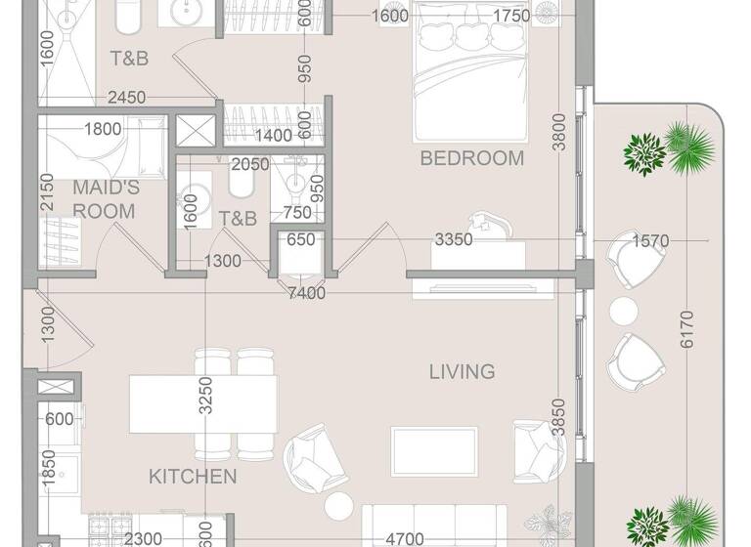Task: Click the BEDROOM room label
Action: tap(471, 158)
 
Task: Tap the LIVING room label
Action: tap(462, 371)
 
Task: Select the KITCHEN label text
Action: tap(193, 477)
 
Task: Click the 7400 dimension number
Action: tap(306, 293)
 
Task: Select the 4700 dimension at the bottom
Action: tap(404, 538)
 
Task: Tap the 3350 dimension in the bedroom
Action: tap(453, 239)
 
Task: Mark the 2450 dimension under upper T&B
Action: tap(126, 97)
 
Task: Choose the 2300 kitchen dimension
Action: tap(143, 538)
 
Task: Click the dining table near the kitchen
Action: tap(202, 402)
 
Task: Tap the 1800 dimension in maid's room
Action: tap(103, 129)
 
